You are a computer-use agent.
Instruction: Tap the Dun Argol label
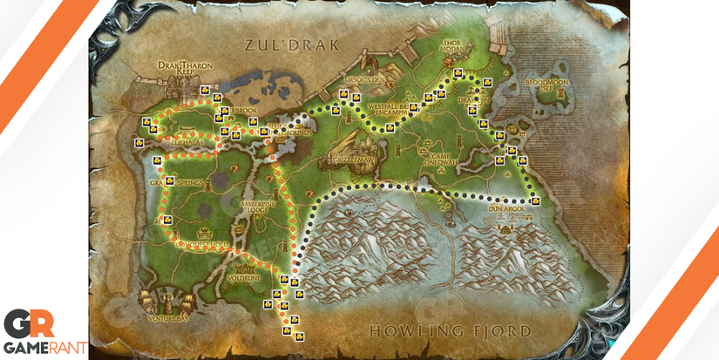(x=505, y=209)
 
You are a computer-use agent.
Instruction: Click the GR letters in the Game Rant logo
(x=29, y=323)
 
